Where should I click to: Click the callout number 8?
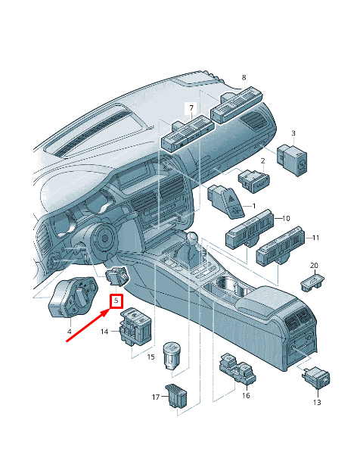[244, 77]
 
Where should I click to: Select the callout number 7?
[191, 108]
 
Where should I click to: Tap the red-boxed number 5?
[116, 301]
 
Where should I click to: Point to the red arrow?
[88, 325]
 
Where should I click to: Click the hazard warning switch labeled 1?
[226, 201]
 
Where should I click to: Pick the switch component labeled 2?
[254, 180]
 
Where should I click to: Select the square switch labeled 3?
[292, 160]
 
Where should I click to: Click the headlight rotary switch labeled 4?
[73, 297]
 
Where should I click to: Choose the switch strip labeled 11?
[281, 245]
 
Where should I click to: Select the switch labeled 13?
[316, 378]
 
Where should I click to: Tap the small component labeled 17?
[176, 395]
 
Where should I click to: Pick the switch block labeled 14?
[135, 326]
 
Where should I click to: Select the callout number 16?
[246, 395]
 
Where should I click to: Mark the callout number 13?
[317, 402]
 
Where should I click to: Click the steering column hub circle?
[104, 238]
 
